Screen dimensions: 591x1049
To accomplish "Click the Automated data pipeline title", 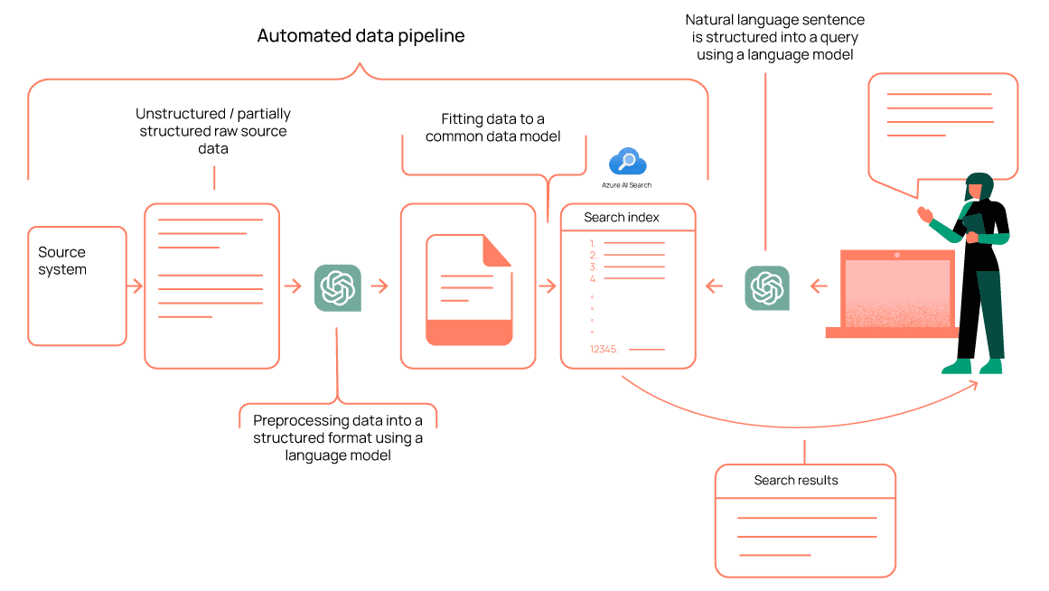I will (361, 36).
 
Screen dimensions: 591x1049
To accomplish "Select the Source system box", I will (77, 286).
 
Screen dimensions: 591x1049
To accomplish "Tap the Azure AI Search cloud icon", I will (627, 163).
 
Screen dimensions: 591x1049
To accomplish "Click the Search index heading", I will (622, 218).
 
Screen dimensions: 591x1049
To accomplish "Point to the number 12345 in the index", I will (604, 349).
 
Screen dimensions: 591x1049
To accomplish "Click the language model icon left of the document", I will (338, 287).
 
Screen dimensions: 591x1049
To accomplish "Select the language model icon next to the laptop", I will (766, 287).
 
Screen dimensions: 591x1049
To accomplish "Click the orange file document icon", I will (469, 290).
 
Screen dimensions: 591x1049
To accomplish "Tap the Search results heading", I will (796, 481).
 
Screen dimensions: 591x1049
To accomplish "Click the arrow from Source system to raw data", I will (136, 286).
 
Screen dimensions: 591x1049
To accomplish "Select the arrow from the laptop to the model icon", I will (819, 287).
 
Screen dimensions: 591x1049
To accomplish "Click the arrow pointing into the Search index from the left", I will (548, 286).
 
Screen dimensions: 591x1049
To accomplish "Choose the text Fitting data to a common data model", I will (493, 127).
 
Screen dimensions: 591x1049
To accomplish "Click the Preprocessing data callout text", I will (338, 437).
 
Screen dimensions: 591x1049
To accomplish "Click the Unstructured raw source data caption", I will (213, 131).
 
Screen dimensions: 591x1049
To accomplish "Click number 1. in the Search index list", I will (593, 243).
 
